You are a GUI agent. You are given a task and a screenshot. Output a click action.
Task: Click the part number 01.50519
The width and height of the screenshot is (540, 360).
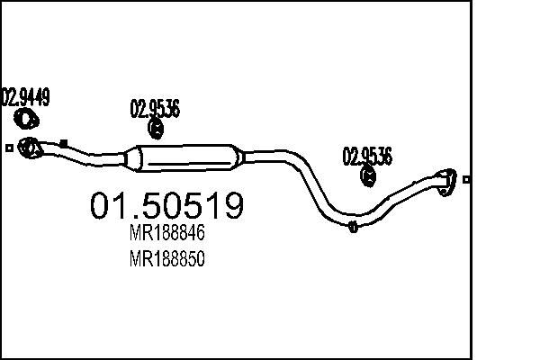[x=166, y=206]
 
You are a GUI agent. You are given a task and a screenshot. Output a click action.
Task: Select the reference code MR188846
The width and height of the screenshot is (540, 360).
[x=168, y=234]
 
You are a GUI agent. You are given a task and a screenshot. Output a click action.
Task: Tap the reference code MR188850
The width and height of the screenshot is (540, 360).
[x=168, y=260]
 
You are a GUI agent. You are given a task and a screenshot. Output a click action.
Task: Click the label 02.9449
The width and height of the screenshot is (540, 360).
[x=24, y=94]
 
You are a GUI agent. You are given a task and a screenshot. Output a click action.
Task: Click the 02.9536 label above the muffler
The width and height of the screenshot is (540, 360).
[x=155, y=111]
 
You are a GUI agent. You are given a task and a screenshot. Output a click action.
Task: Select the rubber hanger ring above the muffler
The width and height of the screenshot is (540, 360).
[x=155, y=132]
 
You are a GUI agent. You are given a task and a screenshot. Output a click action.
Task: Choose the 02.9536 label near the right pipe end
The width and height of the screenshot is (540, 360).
[x=366, y=156]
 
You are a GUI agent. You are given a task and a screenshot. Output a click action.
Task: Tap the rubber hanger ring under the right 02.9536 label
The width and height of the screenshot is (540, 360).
[x=368, y=177]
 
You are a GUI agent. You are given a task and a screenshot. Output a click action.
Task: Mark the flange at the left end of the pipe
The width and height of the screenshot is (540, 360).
[x=29, y=147]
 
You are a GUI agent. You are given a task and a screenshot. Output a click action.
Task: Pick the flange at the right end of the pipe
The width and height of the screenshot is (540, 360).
[x=445, y=179]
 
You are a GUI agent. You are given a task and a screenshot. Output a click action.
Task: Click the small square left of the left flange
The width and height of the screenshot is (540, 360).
[x=8, y=148]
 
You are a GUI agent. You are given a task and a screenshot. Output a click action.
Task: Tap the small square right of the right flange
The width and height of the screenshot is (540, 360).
[x=466, y=179]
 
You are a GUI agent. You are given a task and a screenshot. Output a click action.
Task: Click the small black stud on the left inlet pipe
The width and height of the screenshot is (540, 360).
[x=63, y=141]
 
